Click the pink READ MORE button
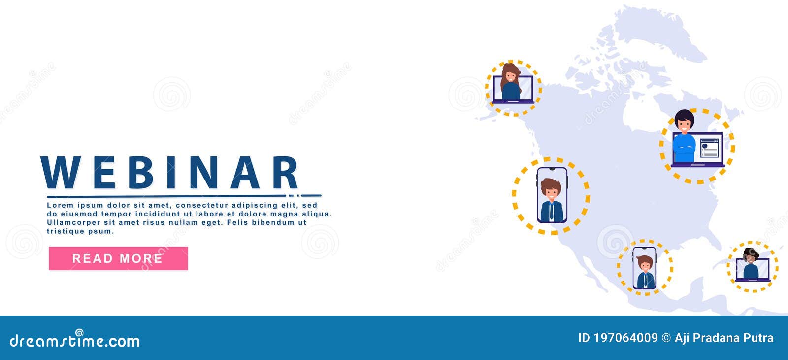[x=118, y=258]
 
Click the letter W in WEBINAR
[x=61, y=172]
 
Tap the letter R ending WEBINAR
[x=286, y=172]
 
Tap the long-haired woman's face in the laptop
[x=511, y=76]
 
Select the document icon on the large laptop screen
[x=709, y=147]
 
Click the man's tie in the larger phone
[x=552, y=211]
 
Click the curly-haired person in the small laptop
[x=751, y=264]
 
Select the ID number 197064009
[x=625, y=338]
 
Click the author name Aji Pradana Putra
[x=724, y=338]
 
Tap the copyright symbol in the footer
[x=666, y=338]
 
